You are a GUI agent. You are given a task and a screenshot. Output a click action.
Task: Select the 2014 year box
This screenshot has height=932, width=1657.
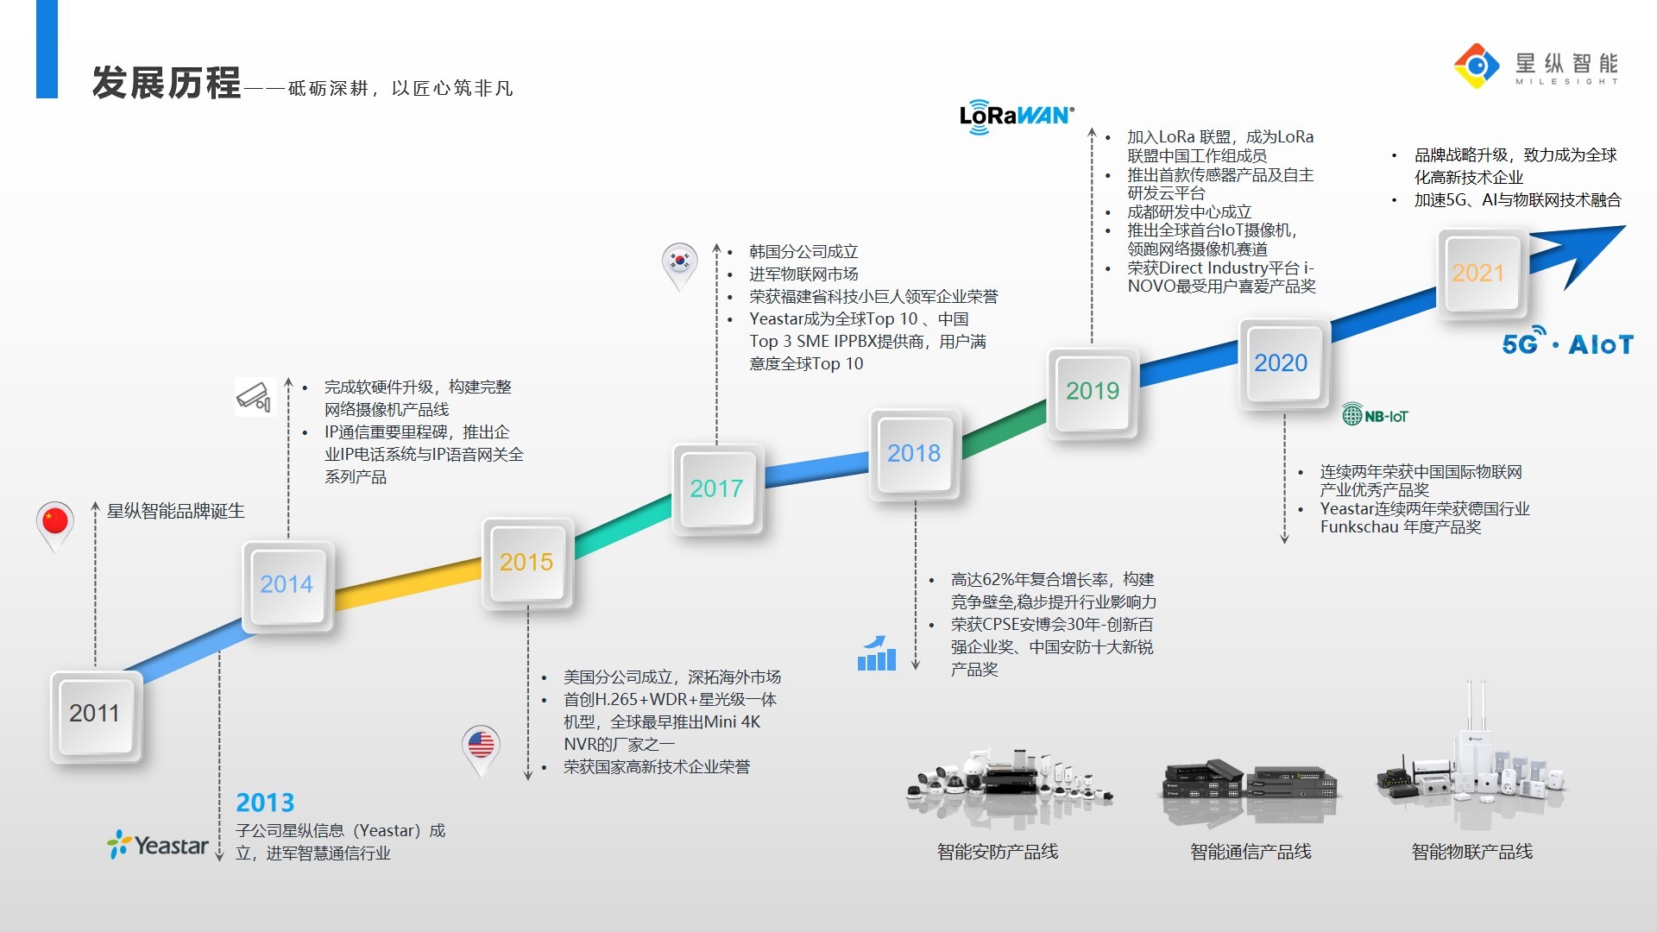coord(287,586)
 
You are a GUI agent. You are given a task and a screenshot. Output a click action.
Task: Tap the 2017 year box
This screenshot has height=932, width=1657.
coord(716,489)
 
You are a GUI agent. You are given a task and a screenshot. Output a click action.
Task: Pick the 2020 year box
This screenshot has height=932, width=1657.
coord(1282,363)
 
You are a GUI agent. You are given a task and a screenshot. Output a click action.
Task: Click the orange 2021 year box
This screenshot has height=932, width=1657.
coord(1478,274)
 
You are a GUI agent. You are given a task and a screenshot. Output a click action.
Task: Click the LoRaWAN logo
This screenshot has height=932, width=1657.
coord(1017,116)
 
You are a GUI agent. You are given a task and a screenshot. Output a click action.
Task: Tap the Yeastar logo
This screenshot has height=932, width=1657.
coord(158,845)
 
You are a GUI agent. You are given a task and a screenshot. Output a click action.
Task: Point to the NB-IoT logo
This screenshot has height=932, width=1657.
coord(1375,416)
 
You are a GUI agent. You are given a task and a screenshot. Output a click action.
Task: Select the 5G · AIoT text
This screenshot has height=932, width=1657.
coord(1567,344)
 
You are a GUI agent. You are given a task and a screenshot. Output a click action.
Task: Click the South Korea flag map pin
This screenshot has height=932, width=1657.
coord(680,262)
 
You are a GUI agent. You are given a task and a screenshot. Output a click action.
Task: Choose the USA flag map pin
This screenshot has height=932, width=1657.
coord(481,746)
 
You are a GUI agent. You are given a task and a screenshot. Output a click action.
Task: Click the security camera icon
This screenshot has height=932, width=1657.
coord(255,397)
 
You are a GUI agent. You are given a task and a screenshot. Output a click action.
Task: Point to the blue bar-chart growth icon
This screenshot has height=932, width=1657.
coord(876,654)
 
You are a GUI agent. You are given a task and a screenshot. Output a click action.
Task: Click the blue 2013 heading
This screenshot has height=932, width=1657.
coord(265,803)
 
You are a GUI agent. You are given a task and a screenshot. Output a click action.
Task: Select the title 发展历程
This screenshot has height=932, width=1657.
coord(167,84)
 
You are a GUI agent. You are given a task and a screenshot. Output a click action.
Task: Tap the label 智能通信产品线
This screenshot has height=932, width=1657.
coord(1251,852)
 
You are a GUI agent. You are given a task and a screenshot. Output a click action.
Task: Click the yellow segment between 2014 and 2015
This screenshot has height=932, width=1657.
coord(407,584)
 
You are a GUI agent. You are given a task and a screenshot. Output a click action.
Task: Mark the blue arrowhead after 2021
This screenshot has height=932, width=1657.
coord(1588,250)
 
